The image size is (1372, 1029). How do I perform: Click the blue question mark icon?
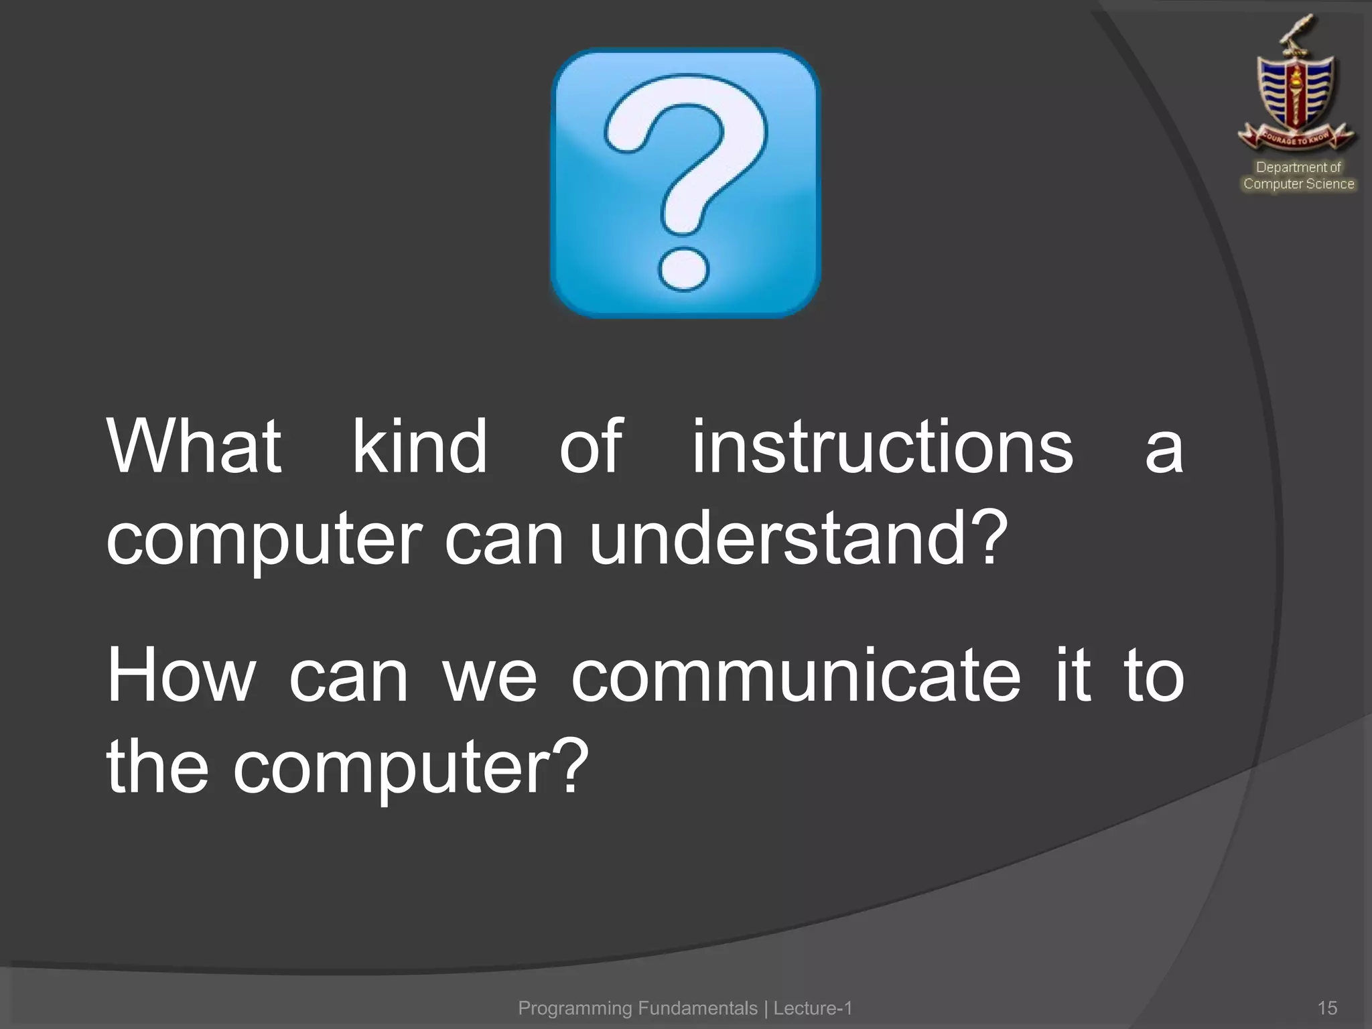[x=685, y=182]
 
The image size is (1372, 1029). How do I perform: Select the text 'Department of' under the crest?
[x=1298, y=167]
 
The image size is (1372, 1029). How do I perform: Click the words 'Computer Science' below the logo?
[x=1298, y=184]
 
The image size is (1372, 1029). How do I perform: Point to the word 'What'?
[x=194, y=447]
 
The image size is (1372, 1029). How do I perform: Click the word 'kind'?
[x=420, y=447]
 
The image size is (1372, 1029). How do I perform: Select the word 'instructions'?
[x=882, y=447]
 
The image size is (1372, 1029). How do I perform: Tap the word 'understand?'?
[x=798, y=539]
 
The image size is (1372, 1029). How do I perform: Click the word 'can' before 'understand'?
[x=504, y=539]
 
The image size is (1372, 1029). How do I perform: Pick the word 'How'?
[x=182, y=675]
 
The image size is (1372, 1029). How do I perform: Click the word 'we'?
[x=490, y=675]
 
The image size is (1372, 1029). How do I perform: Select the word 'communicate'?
[x=796, y=675]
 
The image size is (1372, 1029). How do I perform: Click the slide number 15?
[x=1327, y=1008]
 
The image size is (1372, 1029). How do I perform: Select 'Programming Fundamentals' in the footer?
[x=638, y=1008]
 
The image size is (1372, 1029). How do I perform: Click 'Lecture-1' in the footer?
[x=813, y=1008]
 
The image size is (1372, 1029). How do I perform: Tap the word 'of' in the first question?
[x=591, y=447]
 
